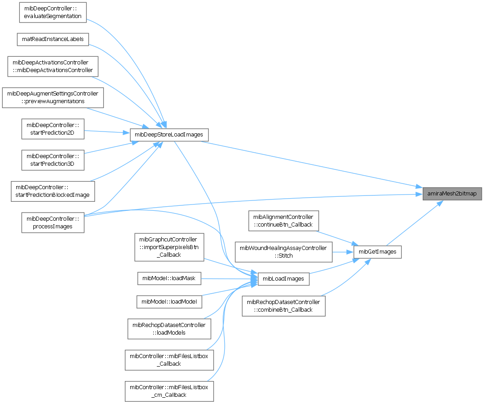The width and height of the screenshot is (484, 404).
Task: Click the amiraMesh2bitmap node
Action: tap(452, 194)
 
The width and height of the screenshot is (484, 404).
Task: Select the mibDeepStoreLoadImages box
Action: tap(169, 135)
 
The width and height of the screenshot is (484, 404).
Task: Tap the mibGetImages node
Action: tap(377, 252)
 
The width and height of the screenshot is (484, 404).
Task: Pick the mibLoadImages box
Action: tap(283, 279)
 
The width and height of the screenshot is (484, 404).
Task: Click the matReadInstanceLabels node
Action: tap(53, 39)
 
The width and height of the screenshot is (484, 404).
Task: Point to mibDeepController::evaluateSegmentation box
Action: tap(53, 12)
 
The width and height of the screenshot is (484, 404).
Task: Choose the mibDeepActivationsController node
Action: tap(53, 66)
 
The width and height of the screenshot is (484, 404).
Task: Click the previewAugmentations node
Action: tap(53, 97)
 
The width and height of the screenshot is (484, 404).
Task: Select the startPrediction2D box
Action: tap(53, 128)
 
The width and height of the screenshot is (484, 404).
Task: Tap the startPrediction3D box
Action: tap(53, 159)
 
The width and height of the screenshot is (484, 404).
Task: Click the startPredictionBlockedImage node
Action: tap(53, 191)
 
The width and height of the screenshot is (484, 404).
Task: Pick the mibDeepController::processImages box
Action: tap(53, 222)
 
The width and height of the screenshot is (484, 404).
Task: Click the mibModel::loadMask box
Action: tap(169, 278)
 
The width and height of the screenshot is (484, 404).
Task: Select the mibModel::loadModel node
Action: tap(169, 301)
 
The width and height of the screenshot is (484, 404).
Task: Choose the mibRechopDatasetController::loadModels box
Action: tap(169, 329)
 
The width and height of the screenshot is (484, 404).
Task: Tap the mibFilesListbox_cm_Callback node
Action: tap(169, 391)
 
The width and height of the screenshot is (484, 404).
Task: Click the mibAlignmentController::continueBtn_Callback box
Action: tap(283, 221)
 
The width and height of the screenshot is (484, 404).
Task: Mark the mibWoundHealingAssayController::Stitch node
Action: tap(283, 252)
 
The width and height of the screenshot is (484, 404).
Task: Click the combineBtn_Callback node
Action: tap(283, 306)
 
